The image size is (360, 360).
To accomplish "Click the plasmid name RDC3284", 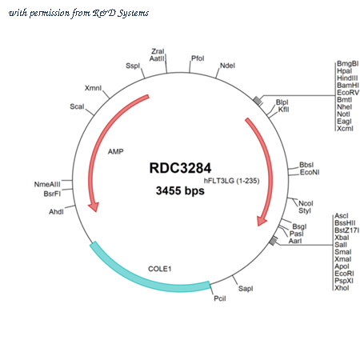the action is click(180, 168).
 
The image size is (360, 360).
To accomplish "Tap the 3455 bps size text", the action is click(180, 190).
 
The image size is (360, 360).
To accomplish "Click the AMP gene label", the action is click(116, 151).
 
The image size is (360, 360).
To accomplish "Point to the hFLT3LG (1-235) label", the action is click(231, 181).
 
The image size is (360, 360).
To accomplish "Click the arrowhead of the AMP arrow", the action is click(94, 207).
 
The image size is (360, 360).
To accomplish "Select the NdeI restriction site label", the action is click(227, 66).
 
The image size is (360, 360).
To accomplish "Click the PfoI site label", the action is click(198, 58).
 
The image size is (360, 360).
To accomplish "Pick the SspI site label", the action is click(133, 66).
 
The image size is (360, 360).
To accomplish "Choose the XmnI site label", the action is click(93, 88).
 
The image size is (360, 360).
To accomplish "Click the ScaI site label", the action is click(77, 106).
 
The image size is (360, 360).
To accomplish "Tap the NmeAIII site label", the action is click(47, 184).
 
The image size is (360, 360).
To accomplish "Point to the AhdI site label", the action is click(56, 212).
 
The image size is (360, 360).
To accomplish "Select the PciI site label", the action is click(220, 298).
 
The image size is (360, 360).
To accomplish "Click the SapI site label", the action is click(246, 288).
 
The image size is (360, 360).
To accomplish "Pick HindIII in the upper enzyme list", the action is click(347, 78).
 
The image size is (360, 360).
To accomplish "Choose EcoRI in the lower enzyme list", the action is click(344, 274).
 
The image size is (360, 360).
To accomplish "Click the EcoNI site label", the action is click(310, 172).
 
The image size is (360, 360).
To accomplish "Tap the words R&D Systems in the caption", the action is click(121, 13).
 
